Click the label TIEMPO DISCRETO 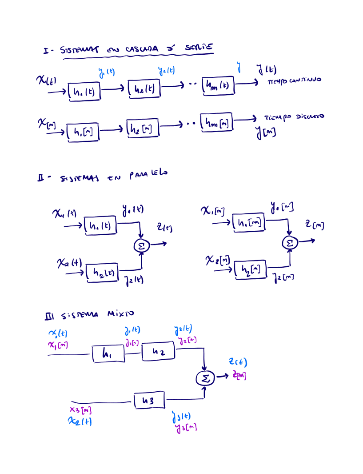click(x=294, y=117)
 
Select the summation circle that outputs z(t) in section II click(x=142, y=244)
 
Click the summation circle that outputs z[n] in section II click(x=290, y=243)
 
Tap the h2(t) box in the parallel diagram click(x=103, y=272)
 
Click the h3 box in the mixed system click(x=148, y=401)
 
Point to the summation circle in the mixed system click(x=205, y=378)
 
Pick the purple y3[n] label click(x=186, y=428)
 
